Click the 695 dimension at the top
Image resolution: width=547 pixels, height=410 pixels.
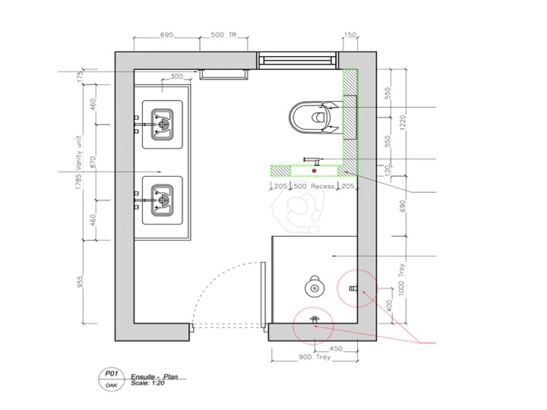coord(166,35)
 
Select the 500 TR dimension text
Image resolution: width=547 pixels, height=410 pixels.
coord(223,35)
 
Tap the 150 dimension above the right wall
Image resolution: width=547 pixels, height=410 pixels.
coord(350,35)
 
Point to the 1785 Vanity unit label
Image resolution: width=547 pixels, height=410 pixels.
coord(79,162)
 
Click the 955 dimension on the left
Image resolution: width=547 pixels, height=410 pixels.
coord(81,282)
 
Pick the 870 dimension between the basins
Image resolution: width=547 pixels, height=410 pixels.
coord(93,162)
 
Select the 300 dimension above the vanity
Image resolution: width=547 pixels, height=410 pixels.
coord(176,77)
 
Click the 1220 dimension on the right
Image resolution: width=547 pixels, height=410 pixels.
coord(403,123)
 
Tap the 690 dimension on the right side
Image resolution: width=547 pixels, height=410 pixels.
coord(403,207)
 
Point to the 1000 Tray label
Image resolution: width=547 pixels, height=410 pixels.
coord(402,279)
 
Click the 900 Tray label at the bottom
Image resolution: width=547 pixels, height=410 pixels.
coord(315,357)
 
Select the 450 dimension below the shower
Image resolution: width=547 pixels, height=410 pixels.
coord(336,348)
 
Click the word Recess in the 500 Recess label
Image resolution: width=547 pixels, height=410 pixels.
coord(322,186)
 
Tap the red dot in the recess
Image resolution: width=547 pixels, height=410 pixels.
coord(315,171)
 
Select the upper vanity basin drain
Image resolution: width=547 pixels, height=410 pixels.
coord(163,124)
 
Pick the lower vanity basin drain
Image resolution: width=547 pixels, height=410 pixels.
coord(163,200)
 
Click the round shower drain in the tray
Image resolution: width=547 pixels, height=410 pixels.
coord(315,288)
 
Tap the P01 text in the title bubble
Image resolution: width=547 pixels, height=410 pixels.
coord(111,374)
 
